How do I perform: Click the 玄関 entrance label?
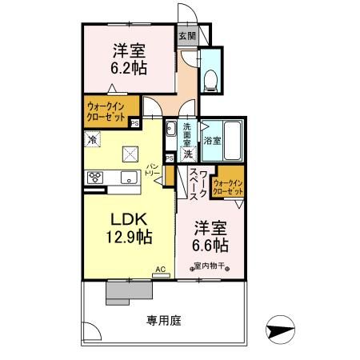pyautogui.click(x=186, y=36)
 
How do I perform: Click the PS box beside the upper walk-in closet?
pyautogui.click(x=134, y=123)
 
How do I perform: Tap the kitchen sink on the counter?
pyautogui.click(x=128, y=178)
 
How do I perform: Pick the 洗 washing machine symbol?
pyautogui.click(x=187, y=153)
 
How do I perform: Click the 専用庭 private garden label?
pyautogui.click(x=164, y=321)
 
